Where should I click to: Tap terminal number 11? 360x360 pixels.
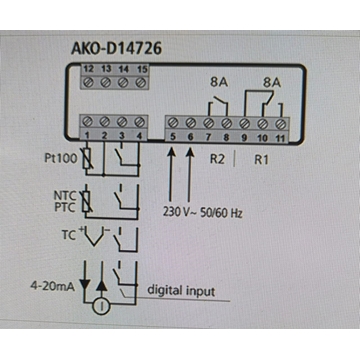pos(281,134)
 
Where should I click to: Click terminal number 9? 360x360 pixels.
pos(243,134)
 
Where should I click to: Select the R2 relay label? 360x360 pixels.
pos(214,159)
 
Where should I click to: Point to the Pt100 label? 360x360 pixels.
pos(59,159)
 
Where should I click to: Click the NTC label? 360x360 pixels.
pos(63,196)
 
